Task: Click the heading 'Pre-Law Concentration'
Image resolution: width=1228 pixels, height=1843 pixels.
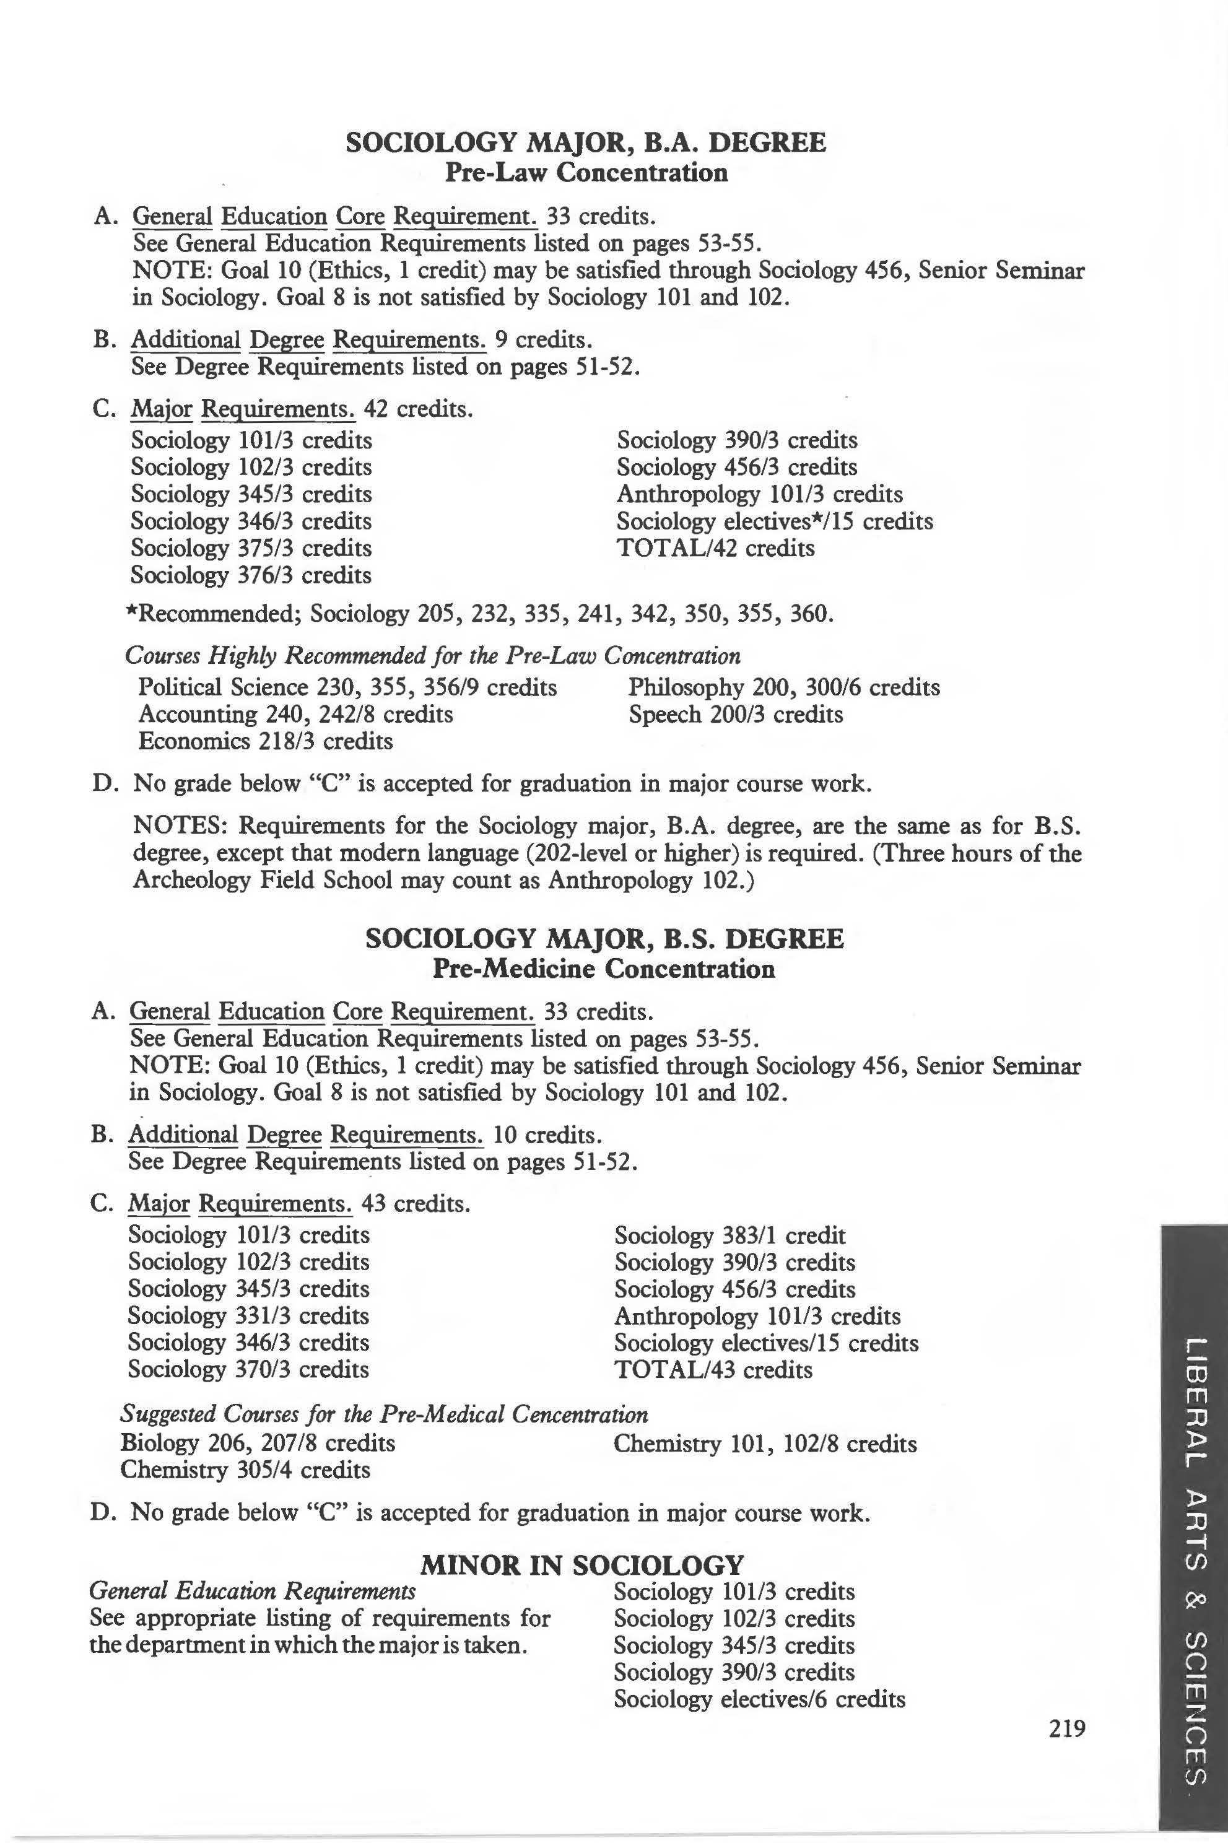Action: coord(586,172)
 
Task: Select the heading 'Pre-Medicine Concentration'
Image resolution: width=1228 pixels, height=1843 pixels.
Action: coord(603,969)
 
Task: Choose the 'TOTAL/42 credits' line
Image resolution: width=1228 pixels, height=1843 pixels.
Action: coord(715,547)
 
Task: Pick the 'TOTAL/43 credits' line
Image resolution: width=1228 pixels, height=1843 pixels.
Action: coord(713,1369)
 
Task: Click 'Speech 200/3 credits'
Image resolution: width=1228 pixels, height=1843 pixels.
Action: coord(736,714)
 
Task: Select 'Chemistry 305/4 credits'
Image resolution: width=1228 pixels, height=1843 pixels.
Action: coord(245,1470)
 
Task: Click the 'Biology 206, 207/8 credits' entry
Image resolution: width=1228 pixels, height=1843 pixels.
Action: coord(258,1443)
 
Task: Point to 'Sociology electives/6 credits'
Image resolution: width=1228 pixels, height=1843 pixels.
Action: coord(759,1699)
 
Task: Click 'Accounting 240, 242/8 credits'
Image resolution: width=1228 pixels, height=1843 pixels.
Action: coord(295,714)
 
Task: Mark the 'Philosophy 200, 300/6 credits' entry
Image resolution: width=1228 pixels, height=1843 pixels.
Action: coord(783,687)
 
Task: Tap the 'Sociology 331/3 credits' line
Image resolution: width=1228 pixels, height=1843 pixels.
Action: coord(248,1316)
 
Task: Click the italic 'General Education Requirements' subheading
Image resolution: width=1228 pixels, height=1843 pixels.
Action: coord(253,1591)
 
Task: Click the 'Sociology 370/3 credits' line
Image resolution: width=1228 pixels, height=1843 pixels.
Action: coord(248,1369)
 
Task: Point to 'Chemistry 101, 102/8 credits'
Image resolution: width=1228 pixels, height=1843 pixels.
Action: coord(764,1443)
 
